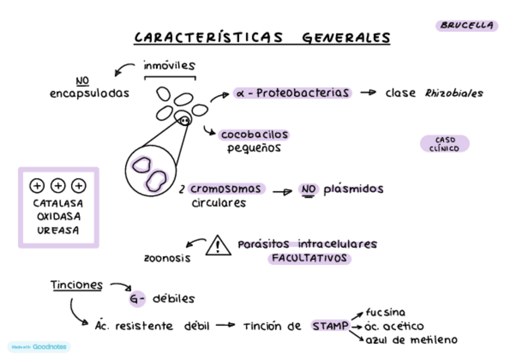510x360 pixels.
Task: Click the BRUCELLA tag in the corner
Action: (x=467, y=25)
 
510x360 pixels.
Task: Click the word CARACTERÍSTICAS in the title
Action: (x=208, y=38)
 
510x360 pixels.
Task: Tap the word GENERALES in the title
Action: (x=346, y=38)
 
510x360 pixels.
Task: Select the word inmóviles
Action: (x=169, y=66)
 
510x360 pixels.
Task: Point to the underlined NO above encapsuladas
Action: (x=82, y=81)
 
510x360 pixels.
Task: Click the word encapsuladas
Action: (x=89, y=93)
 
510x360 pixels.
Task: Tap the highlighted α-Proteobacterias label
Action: (x=292, y=93)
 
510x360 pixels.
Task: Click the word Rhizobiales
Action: (x=454, y=93)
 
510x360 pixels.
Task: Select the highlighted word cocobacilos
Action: (x=254, y=135)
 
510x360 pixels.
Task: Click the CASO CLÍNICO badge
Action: (x=444, y=144)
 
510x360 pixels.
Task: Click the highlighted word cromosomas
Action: (x=226, y=189)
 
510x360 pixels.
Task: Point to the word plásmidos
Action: (x=353, y=189)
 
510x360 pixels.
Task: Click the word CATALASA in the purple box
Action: (x=58, y=203)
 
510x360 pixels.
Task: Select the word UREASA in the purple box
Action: (x=58, y=230)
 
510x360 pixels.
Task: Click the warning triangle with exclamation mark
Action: (x=218, y=246)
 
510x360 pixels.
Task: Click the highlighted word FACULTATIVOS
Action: (x=309, y=258)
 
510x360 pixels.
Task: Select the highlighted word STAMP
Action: (x=330, y=326)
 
